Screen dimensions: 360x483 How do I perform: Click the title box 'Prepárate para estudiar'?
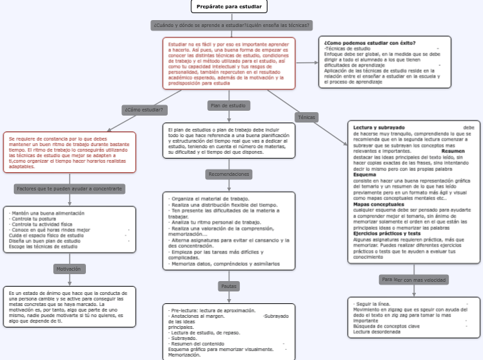click(229, 6)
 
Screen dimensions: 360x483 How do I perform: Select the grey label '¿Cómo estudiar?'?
click(144, 109)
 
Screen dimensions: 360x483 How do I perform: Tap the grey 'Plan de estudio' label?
click(228, 105)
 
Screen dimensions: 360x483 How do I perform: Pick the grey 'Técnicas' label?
click(306, 117)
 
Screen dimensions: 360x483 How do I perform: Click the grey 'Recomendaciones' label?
click(229, 174)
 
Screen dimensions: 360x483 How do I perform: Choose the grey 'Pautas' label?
click(229, 285)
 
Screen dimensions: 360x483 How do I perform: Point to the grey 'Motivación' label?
click(69, 269)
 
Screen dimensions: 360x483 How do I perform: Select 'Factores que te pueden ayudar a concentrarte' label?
click(69, 188)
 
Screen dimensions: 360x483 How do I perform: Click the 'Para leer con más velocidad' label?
click(414, 280)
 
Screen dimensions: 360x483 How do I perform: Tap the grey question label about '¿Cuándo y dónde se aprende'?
click(231, 25)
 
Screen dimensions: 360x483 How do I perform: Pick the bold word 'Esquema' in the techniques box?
click(365, 175)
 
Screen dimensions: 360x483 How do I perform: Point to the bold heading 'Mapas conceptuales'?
click(378, 204)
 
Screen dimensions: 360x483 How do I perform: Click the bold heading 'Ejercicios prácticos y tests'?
click(387, 233)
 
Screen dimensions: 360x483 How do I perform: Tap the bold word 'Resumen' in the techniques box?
click(453, 151)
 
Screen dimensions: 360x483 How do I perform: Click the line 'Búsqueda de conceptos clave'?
click(386, 326)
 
